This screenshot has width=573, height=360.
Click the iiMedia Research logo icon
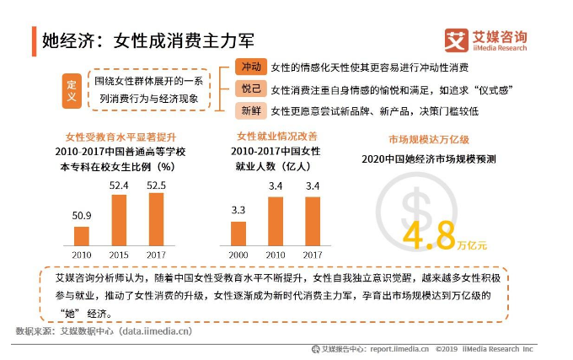pos(456,40)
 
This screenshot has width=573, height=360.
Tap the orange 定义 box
pos(72,91)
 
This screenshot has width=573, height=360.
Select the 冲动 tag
pos(251,67)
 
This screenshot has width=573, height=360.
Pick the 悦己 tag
pos(251,89)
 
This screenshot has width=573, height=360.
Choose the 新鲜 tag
pos(251,110)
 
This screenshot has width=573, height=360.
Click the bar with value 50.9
pos(82,236)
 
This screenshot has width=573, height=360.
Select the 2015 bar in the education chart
pos(119,220)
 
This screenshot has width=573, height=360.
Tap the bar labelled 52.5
pos(156,219)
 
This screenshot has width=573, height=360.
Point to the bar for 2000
pos(238,234)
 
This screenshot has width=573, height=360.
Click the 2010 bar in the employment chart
pos(276,221)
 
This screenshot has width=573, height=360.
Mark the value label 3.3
pos(238,210)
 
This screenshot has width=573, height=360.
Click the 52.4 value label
pos(119,185)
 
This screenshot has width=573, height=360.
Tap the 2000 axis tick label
pos(238,255)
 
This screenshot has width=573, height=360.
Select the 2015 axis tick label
pos(119,255)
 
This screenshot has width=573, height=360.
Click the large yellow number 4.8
pos(430,236)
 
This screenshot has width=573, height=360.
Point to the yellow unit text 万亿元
pos(472,244)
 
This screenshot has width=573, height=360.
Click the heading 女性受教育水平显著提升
pos(121,137)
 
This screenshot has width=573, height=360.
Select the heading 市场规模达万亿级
pos(429,139)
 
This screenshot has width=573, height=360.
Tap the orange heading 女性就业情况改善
pos(277,137)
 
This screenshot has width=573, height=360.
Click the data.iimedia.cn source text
pos(157,331)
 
